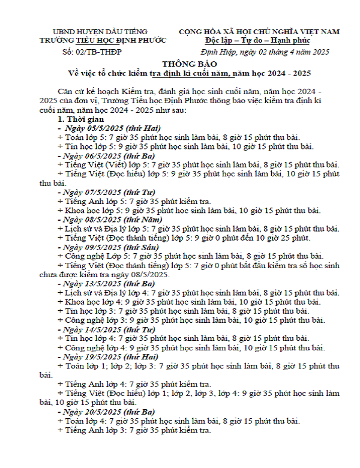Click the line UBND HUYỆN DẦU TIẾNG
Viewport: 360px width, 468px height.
pos(100,32)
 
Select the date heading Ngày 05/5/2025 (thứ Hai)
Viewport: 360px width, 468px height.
pos(106,129)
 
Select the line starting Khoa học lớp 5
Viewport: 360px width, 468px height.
pos(188,211)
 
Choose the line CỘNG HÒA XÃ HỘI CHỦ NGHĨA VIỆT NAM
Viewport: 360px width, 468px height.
pos(259,31)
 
